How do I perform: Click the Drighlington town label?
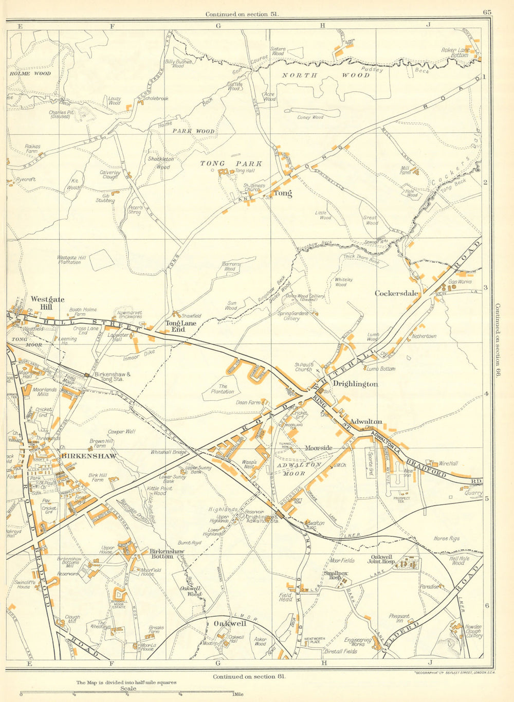[355, 384]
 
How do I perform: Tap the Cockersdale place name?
[396, 293]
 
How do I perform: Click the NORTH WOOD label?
[326, 75]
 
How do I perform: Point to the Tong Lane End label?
[180, 326]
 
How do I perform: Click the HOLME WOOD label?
[30, 74]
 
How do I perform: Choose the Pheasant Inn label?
[399, 619]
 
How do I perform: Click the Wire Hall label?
[448, 463]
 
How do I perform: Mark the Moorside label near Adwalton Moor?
[319, 448]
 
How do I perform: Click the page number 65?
[487, 13]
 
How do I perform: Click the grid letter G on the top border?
[217, 25]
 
